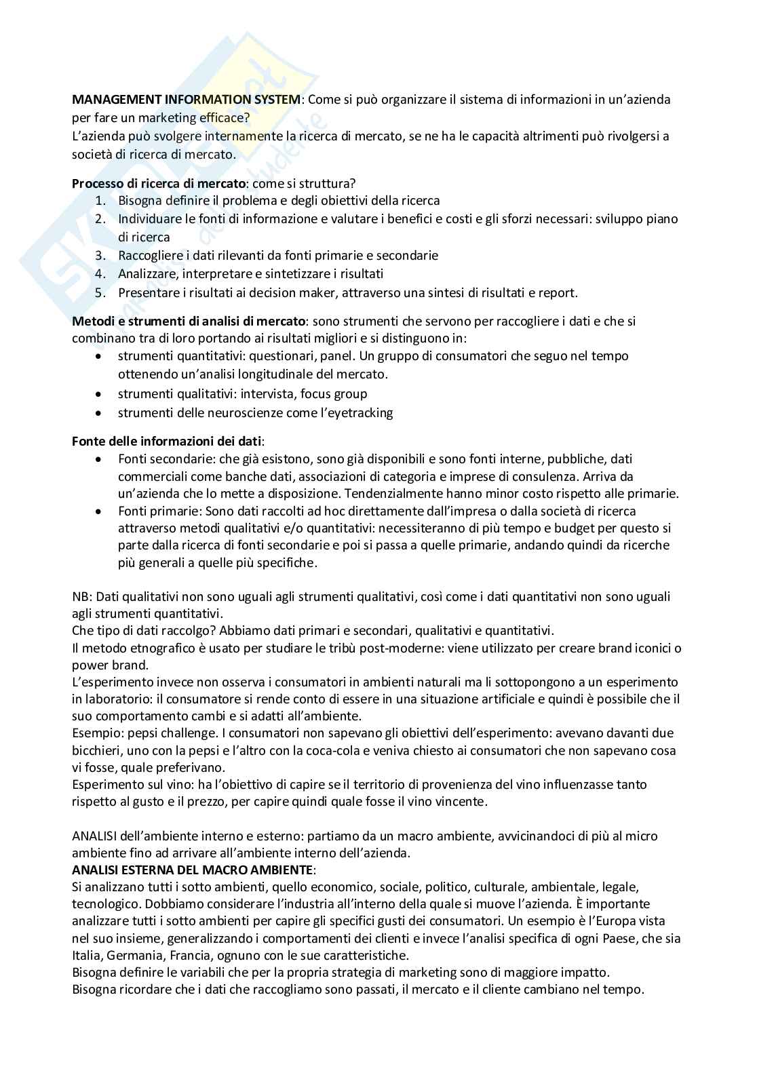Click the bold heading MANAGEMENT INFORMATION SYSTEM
[186, 100]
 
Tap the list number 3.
[100, 256]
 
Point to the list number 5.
[100, 293]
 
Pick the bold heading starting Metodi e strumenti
[189, 321]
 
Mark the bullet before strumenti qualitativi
[99, 394]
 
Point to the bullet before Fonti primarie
[99, 511]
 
